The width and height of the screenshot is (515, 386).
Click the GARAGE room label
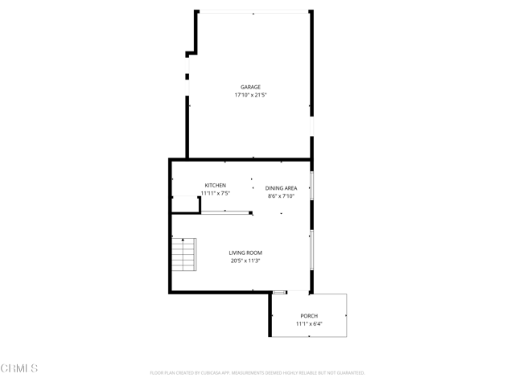click(250, 87)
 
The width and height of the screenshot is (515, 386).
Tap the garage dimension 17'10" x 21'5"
click(250, 95)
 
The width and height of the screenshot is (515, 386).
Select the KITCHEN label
click(215, 185)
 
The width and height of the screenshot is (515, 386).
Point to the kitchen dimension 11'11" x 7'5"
click(215, 193)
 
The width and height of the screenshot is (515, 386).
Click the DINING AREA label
click(281, 188)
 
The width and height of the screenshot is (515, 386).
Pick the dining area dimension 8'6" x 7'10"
click(281, 196)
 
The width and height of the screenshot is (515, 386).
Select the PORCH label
click(309, 316)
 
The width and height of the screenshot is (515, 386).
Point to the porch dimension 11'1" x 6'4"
click(309, 324)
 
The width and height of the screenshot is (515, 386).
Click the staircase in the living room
click(185, 255)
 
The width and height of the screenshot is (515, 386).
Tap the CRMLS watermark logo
click(19, 368)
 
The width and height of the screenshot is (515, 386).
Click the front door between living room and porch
click(279, 292)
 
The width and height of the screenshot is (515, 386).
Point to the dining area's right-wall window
click(311, 185)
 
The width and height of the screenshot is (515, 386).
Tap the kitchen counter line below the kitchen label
click(225, 211)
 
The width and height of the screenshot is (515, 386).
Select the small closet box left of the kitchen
click(186, 204)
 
